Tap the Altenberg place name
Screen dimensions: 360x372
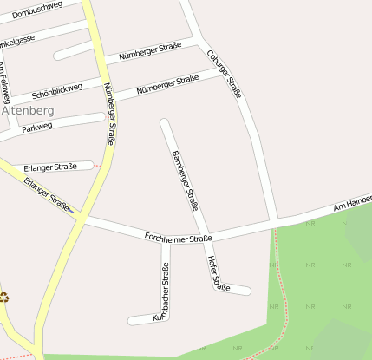[x=28, y=110]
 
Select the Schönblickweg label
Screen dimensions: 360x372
[x=56, y=89]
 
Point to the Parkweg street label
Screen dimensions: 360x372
[x=37, y=127]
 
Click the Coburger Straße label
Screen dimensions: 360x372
[x=224, y=72]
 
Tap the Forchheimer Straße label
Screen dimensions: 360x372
[x=178, y=237]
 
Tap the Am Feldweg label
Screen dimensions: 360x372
[x=5, y=83]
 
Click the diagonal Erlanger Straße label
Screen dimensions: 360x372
[x=47, y=195]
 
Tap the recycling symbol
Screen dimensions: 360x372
[x=4, y=297]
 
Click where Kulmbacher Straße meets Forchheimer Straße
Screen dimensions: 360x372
[x=166, y=240]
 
